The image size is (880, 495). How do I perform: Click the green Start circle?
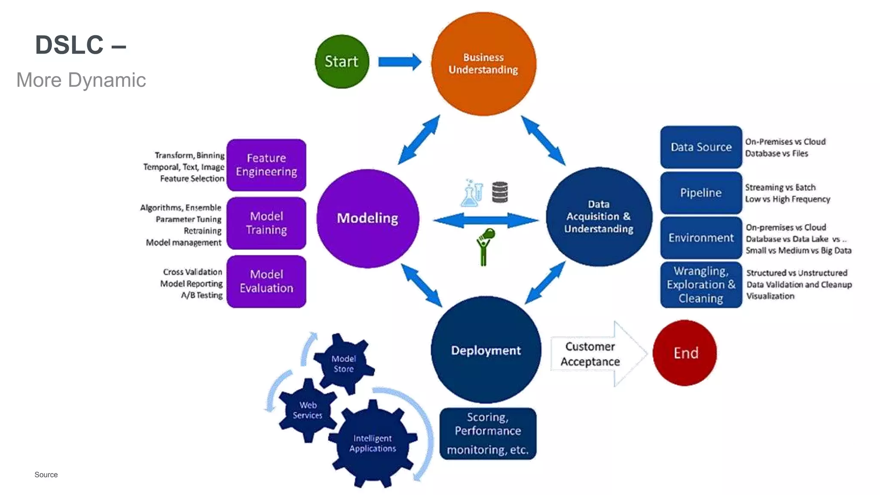342,61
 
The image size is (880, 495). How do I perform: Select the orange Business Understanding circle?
483,64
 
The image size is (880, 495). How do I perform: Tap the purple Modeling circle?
367,218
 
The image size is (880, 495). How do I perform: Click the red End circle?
685,353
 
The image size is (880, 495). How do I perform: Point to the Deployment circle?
486,350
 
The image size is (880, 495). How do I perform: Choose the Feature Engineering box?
266,165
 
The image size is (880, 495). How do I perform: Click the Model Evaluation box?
266,281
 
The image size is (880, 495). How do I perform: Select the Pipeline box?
701,193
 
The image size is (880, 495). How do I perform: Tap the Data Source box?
701,147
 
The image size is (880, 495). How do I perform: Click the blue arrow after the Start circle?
399,62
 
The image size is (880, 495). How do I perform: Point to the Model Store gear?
344,364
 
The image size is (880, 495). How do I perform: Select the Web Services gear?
308,410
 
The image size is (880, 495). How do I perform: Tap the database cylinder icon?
500,192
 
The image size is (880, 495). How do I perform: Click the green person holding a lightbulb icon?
485,247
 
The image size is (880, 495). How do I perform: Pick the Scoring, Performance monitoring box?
488,433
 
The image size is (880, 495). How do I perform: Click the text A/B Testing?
202,295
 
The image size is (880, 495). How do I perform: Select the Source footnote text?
46,474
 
